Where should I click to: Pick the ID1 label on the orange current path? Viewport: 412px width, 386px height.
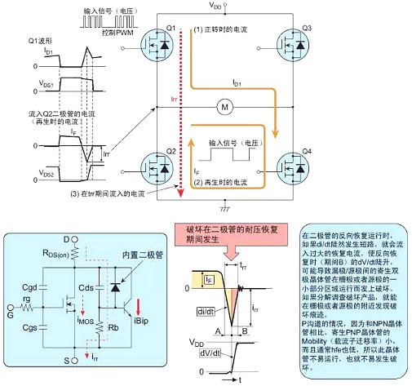tap(237, 83)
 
